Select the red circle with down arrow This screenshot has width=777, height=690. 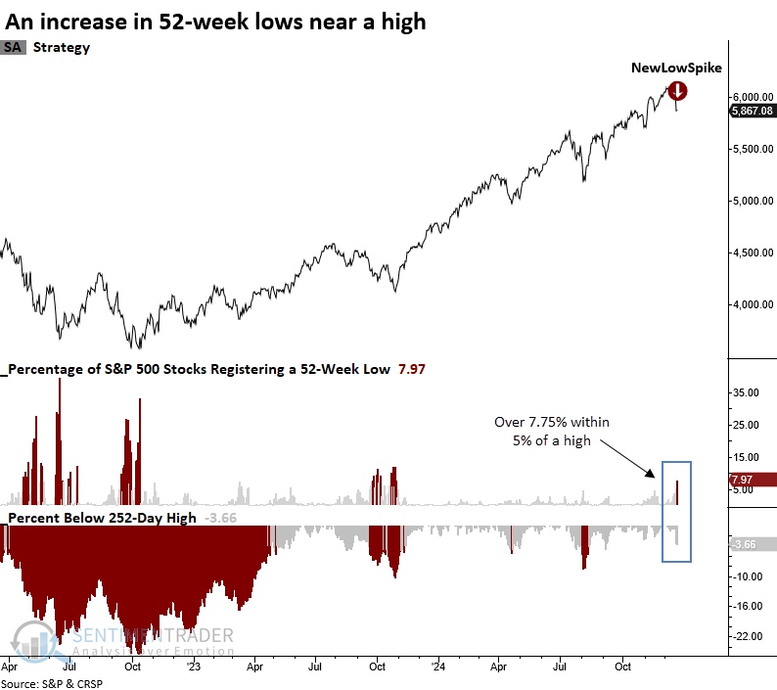tap(677, 91)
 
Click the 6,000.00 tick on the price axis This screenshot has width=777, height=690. tap(751, 97)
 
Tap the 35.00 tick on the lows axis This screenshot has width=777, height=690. tap(747, 392)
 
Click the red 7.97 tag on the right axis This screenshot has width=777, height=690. tap(752, 480)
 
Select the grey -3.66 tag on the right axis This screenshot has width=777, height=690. tap(752, 544)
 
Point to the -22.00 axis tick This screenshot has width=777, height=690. tap(747, 637)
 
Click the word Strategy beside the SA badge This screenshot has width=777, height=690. tap(62, 47)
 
